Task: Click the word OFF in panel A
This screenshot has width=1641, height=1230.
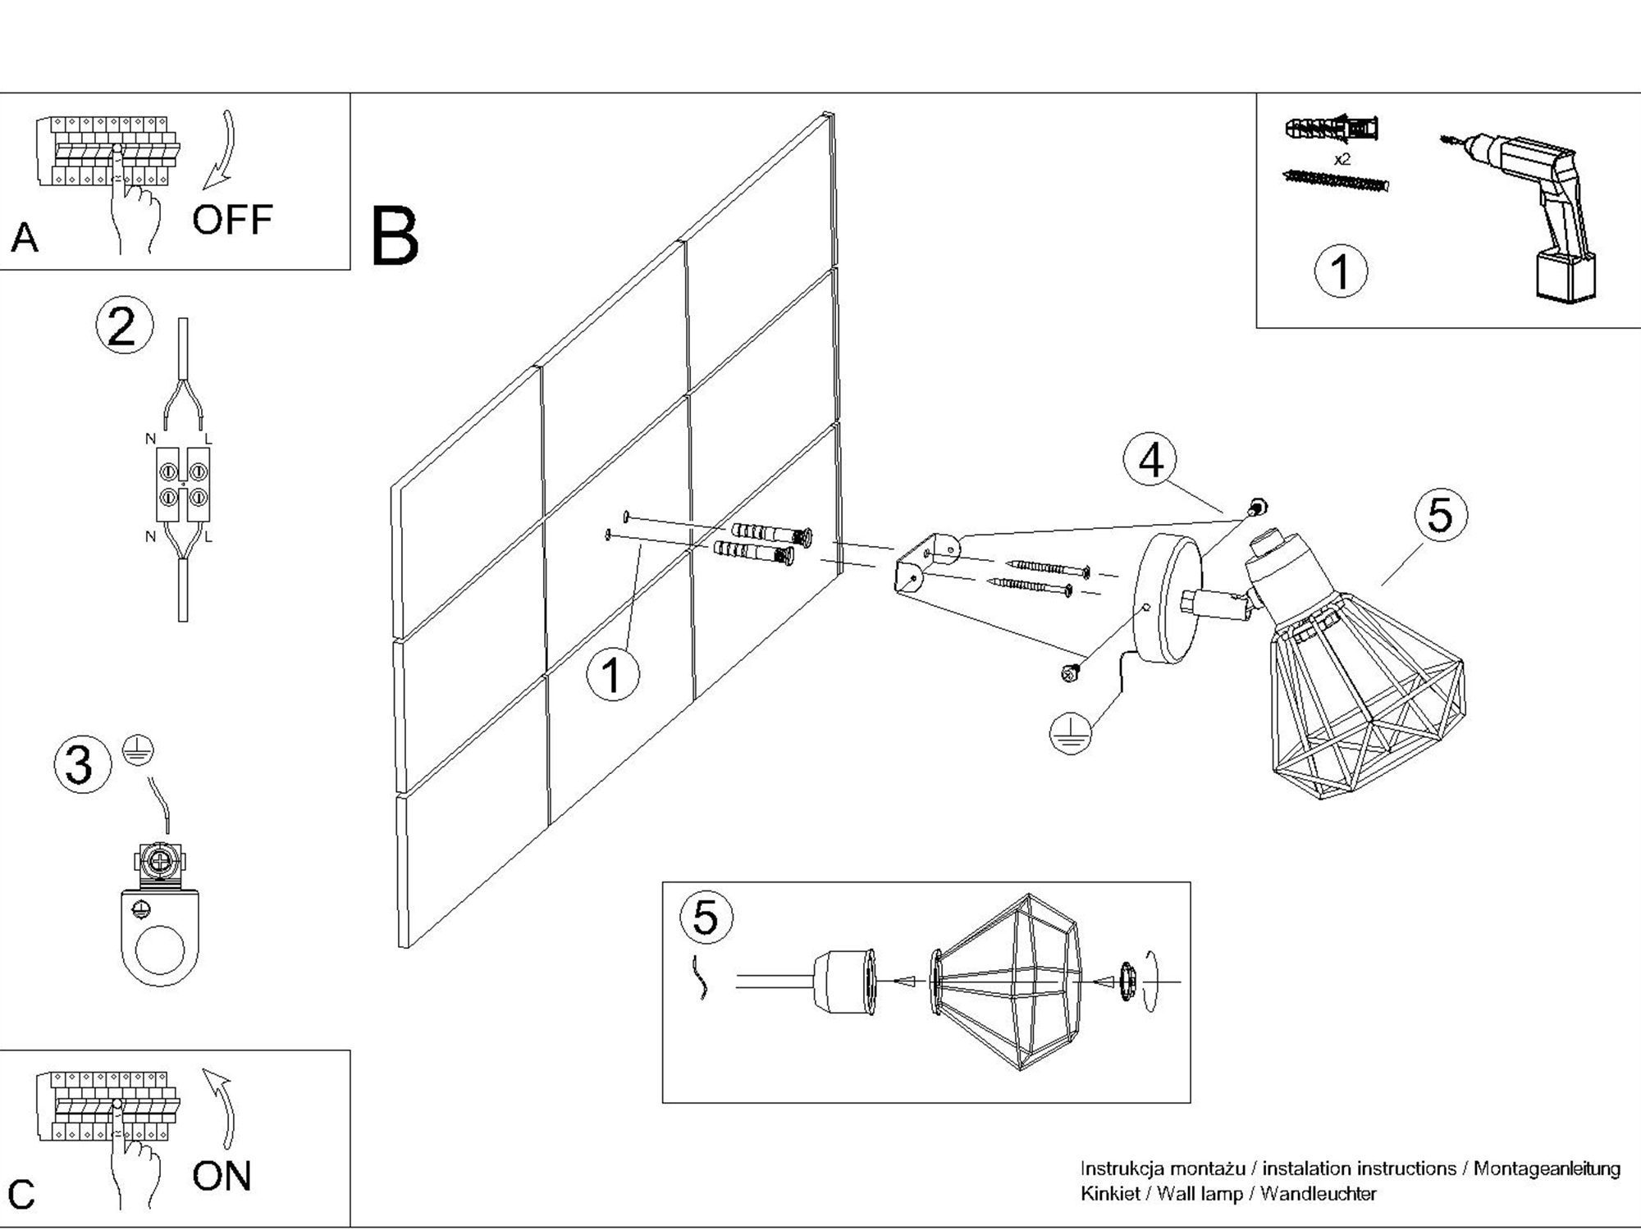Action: coord(231,220)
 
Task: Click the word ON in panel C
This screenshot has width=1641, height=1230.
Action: coord(222,1176)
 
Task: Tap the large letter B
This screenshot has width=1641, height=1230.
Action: coord(395,237)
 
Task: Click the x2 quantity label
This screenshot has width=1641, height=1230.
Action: coord(1342,159)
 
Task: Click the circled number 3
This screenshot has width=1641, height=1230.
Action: coord(80,764)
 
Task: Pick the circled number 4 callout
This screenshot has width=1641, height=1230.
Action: coord(1151,460)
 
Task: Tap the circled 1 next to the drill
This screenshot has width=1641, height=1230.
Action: coord(1341,271)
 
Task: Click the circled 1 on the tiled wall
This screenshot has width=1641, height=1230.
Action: coord(613,675)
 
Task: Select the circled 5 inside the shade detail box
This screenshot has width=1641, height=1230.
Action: coord(706,916)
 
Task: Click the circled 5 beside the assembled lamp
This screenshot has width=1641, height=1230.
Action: coord(1440,515)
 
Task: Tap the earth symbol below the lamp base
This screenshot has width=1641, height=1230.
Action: coord(1071,731)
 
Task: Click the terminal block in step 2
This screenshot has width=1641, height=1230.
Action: coord(182,485)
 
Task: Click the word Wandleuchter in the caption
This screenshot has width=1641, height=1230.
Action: coord(1318,1194)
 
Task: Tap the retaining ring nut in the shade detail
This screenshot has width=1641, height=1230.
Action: coord(1126,981)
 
